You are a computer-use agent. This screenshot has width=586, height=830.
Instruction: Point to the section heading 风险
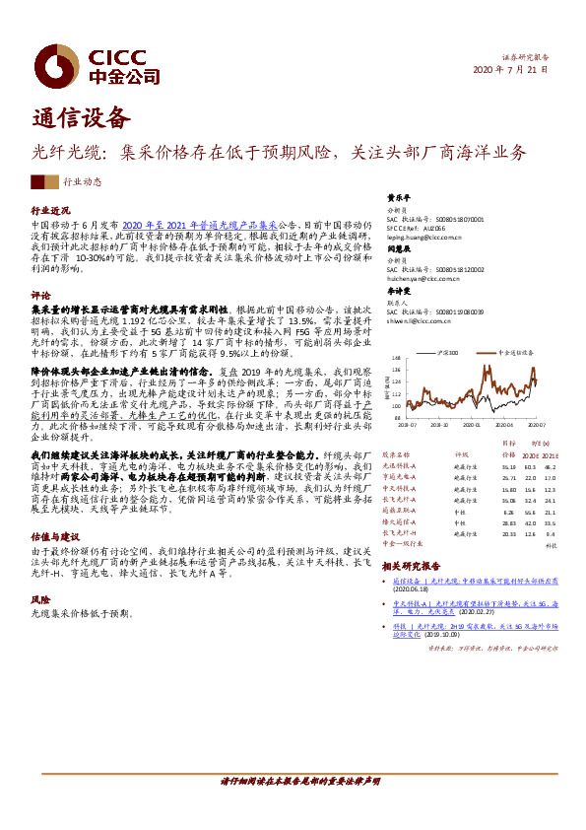coord(40,599)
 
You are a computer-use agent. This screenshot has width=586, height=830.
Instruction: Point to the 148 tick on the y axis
coord(397,358)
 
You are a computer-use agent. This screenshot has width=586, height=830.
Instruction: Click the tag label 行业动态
coord(83,182)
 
